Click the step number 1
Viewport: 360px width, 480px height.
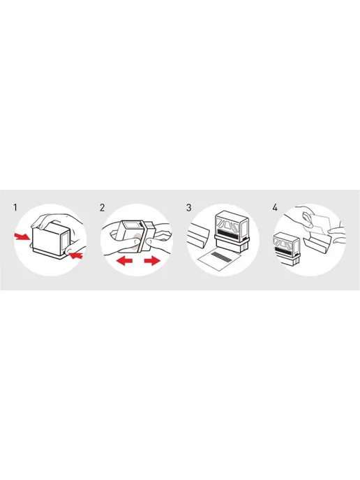[x=15, y=207]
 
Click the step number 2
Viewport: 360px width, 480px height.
[x=103, y=207]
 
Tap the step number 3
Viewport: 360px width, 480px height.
[x=188, y=207]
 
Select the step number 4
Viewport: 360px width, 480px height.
[x=275, y=207]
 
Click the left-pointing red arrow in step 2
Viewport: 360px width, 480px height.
[x=124, y=261]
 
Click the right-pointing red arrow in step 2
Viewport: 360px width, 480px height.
[x=152, y=261]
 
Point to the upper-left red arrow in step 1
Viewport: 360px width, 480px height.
[x=22, y=236]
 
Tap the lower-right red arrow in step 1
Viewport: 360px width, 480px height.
[x=75, y=255]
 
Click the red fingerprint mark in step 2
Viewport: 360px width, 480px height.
[x=137, y=239]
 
